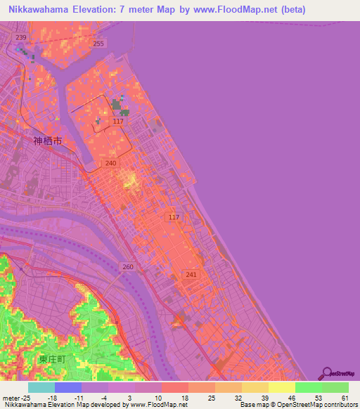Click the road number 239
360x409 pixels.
click(x=21, y=37)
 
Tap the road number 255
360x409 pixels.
click(x=98, y=44)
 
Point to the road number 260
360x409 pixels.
click(x=127, y=267)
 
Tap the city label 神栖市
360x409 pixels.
click(x=48, y=141)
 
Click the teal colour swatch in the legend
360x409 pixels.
click(x=41, y=387)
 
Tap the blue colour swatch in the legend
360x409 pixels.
click(x=68, y=387)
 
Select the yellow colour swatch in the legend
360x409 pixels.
click(x=282, y=387)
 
